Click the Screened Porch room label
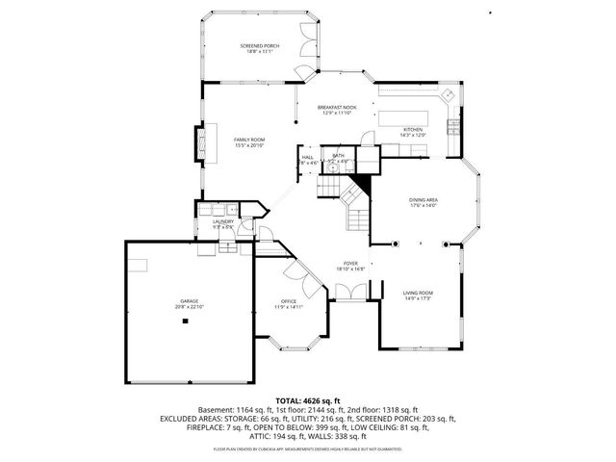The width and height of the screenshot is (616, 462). (257, 48)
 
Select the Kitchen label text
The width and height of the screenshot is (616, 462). (413, 132)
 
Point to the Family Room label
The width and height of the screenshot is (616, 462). (249, 142)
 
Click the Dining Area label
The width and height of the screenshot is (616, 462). (423, 202)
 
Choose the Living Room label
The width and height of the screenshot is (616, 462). (417, 295)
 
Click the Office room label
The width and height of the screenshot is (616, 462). (289, 304)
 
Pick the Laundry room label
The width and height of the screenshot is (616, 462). (223, 224)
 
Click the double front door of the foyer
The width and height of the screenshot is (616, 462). (349, 301)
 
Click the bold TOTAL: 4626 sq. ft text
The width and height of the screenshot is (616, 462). (308, 400)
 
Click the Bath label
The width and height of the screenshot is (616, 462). (339, 156)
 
